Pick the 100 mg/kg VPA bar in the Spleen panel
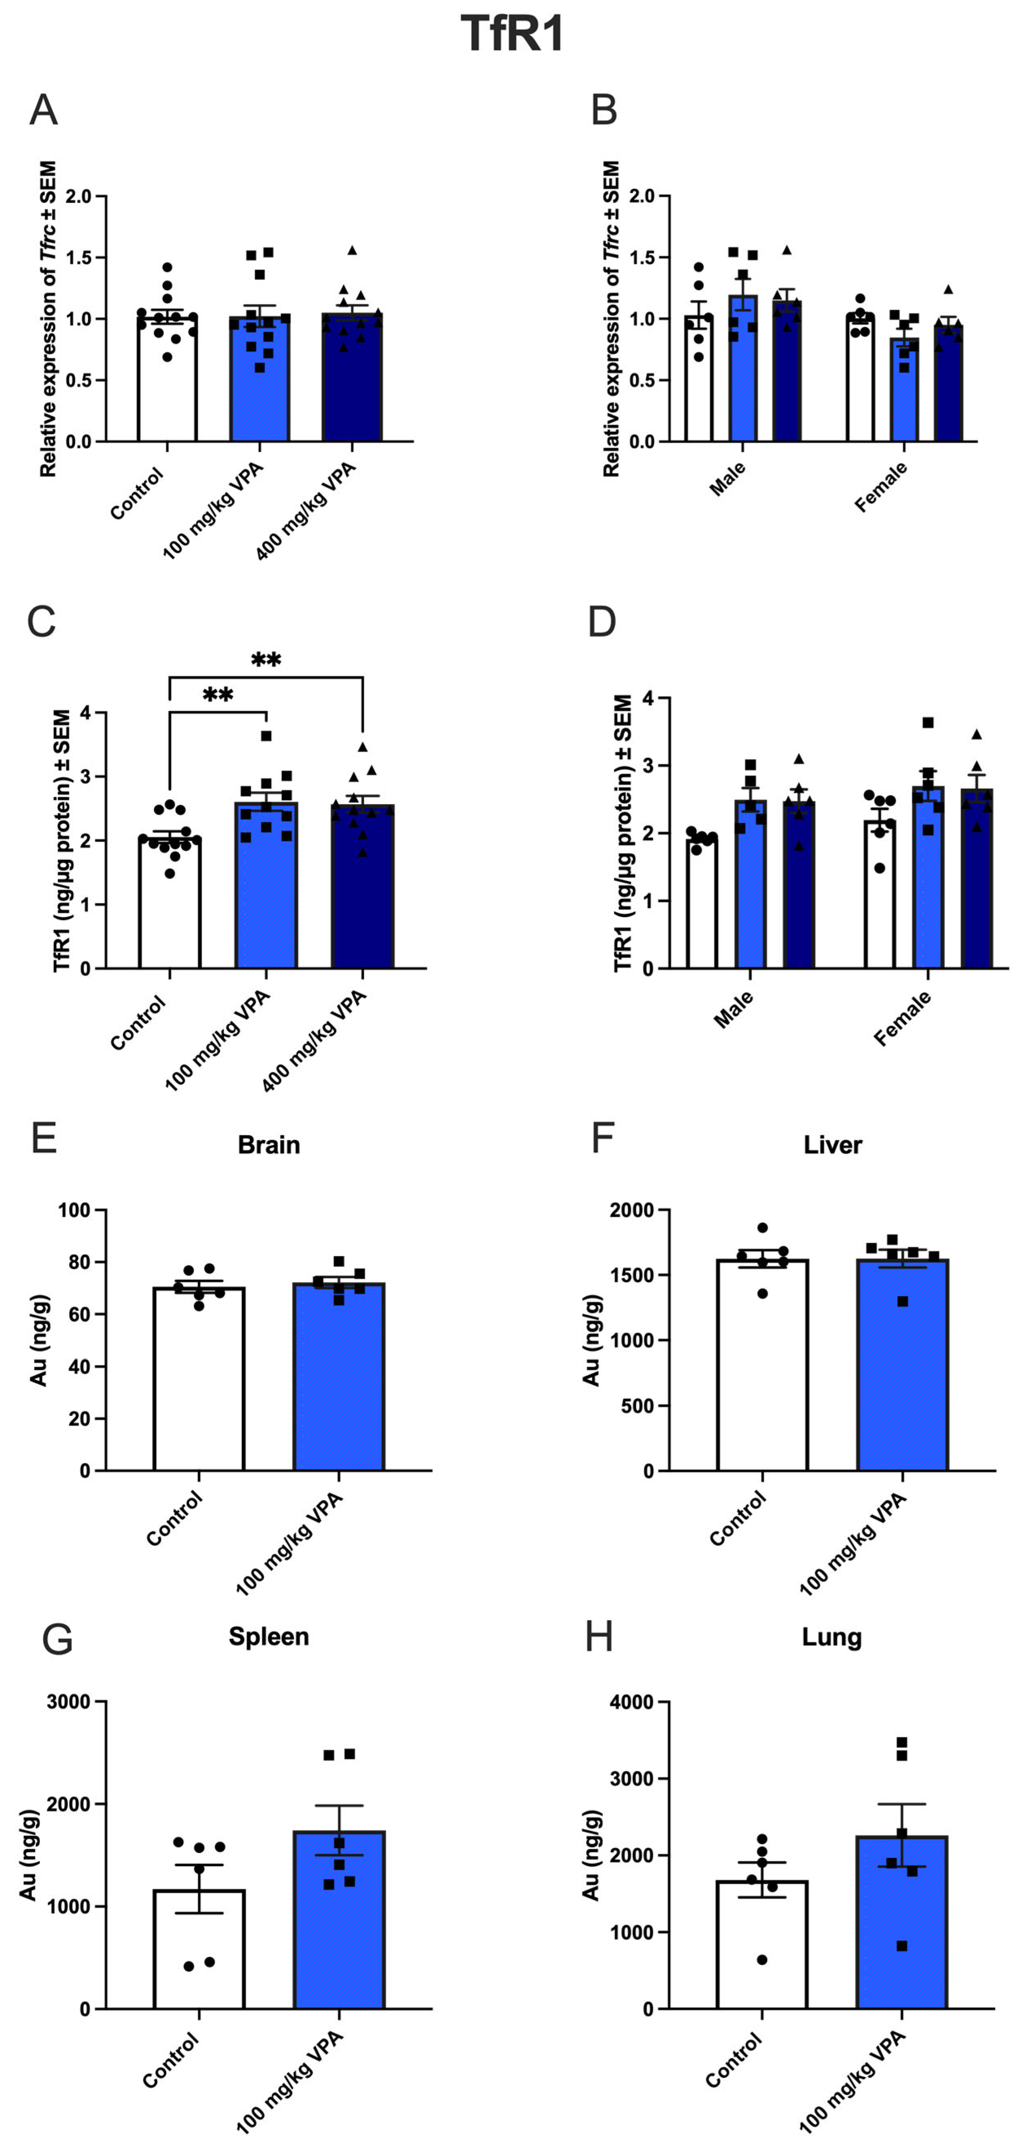(339, 1923)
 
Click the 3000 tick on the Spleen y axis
(68, 1702)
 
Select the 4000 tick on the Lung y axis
(631, 1702)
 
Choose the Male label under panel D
(733, 1009)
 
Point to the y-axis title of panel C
(62, 841)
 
